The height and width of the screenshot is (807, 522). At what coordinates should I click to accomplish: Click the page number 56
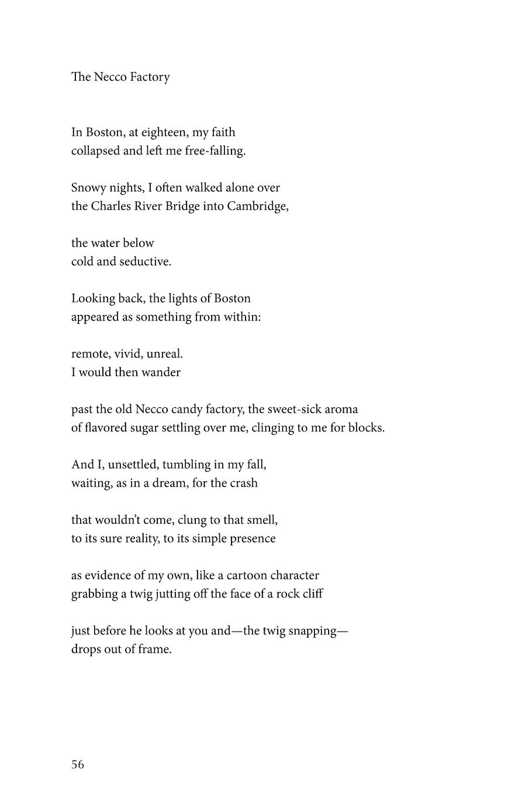pos(78,764)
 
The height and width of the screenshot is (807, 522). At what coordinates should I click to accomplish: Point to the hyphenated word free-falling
pos(215,151)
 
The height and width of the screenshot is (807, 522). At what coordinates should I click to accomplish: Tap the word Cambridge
pos(257,206)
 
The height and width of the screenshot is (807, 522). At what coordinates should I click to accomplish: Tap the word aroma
pos(341,409)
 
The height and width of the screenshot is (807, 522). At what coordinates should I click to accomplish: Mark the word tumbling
pos(186,465)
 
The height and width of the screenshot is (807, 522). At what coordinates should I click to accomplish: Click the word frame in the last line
pos(155,650)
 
